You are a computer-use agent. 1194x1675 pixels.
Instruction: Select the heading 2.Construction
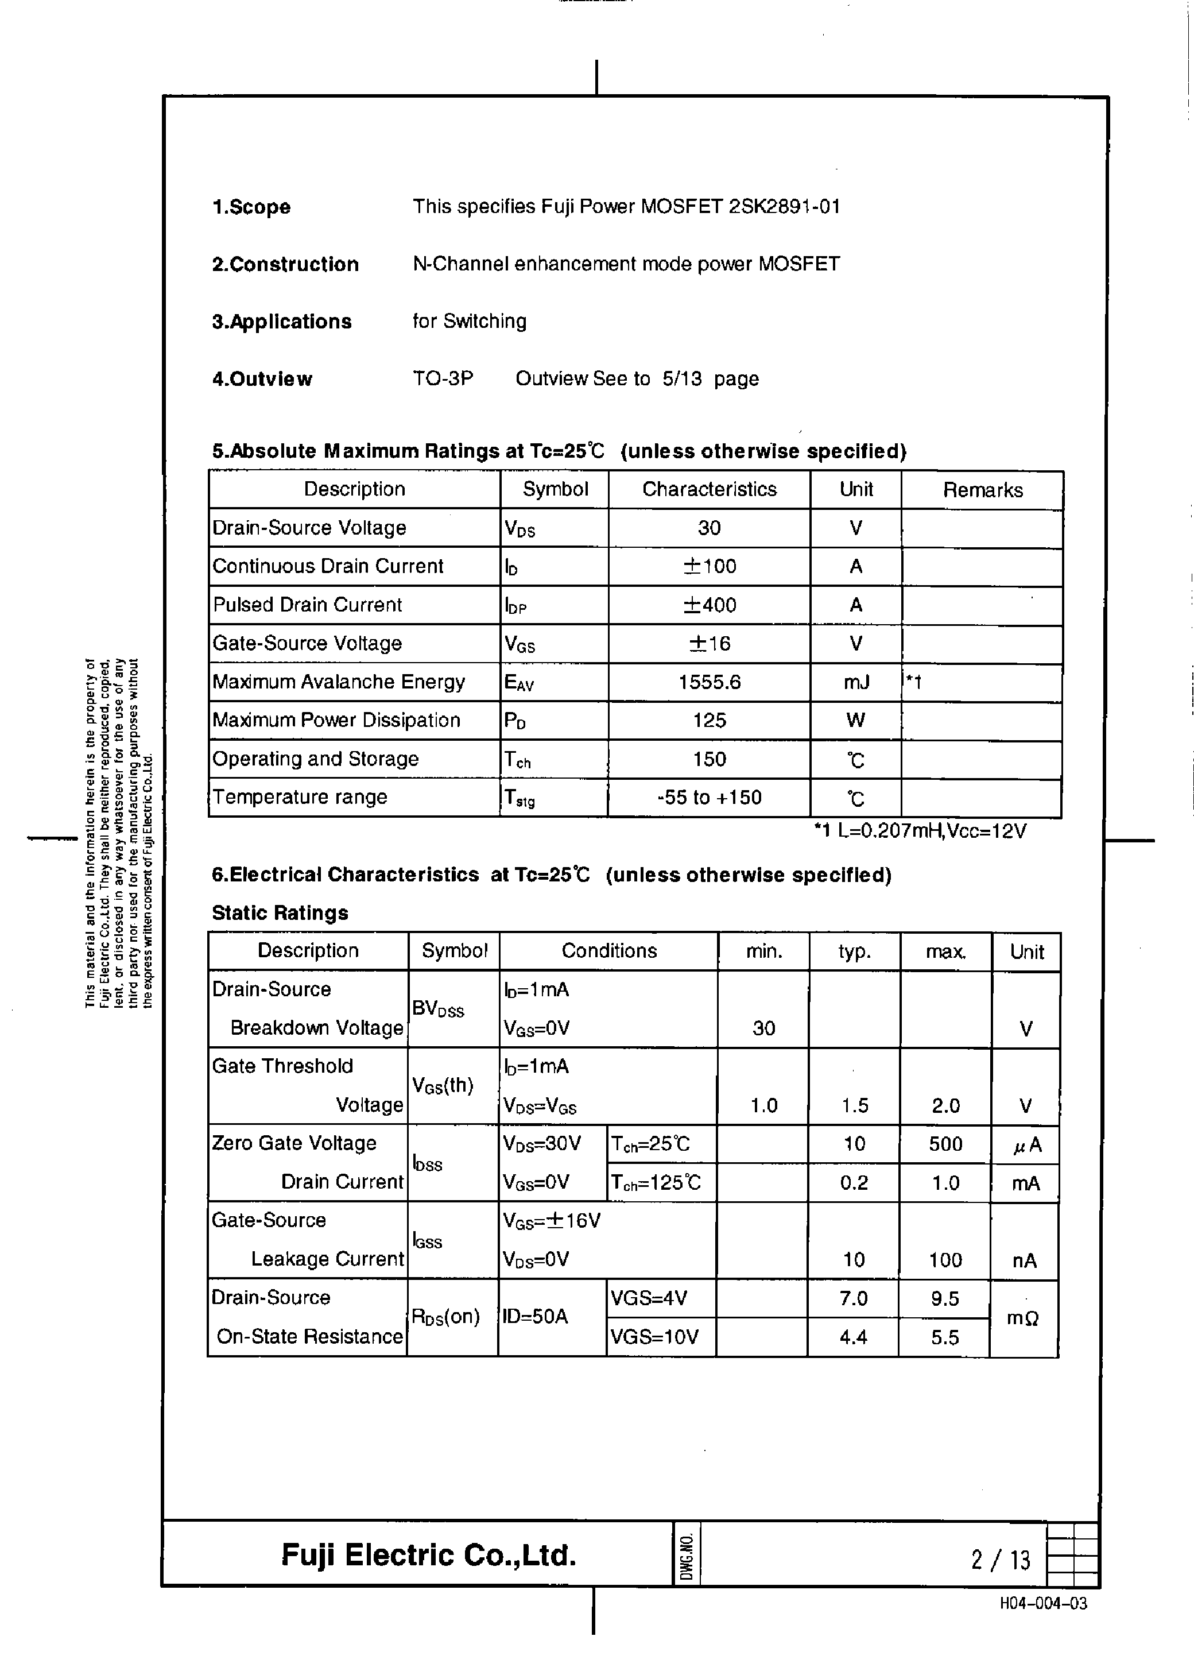click(285, 265)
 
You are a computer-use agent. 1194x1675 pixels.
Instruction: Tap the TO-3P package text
click(443, 378)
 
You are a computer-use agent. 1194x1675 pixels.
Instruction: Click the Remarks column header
click(982, 490)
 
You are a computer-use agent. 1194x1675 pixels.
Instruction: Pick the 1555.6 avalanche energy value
click(709, 682)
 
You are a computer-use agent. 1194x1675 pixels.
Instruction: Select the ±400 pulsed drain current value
click(709, 605)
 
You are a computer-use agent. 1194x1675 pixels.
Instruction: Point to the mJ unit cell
click(856, 682)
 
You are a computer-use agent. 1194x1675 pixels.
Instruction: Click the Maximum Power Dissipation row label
click(336, 721)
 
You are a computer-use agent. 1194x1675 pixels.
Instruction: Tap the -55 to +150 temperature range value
click(709, 798)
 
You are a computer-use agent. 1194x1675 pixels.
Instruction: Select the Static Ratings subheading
click(280, 913)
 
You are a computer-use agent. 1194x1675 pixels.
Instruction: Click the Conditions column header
click(608, 951)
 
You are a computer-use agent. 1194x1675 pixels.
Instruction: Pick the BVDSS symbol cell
click(438, 1009)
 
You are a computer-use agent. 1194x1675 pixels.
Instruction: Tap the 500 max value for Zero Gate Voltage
click(945, 1144)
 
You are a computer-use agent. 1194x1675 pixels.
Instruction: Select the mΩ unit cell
click(1023, 1318)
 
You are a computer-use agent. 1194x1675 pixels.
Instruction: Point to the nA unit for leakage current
click(1024, 1261)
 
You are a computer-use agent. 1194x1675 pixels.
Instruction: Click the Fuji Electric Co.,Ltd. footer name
click(429, 1555)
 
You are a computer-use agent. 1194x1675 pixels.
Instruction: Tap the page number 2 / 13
click(1001, 1560)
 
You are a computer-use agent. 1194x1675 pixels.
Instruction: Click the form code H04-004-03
click(1042, 1604)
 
